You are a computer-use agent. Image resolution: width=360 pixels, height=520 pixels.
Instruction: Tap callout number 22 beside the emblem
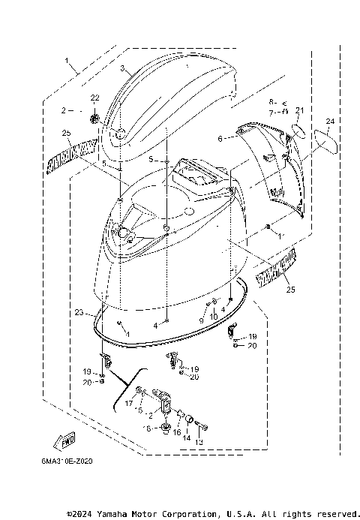click(x=94, y=98)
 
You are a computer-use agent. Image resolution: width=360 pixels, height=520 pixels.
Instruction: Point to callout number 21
click(x=298, y=110)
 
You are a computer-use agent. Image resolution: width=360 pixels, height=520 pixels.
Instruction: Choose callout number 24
click(x=329, y=121)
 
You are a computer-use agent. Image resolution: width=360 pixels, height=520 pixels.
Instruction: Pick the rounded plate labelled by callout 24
click(x=325, y=143)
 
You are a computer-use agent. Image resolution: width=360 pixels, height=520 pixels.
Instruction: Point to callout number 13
click(x=199, y=443)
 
